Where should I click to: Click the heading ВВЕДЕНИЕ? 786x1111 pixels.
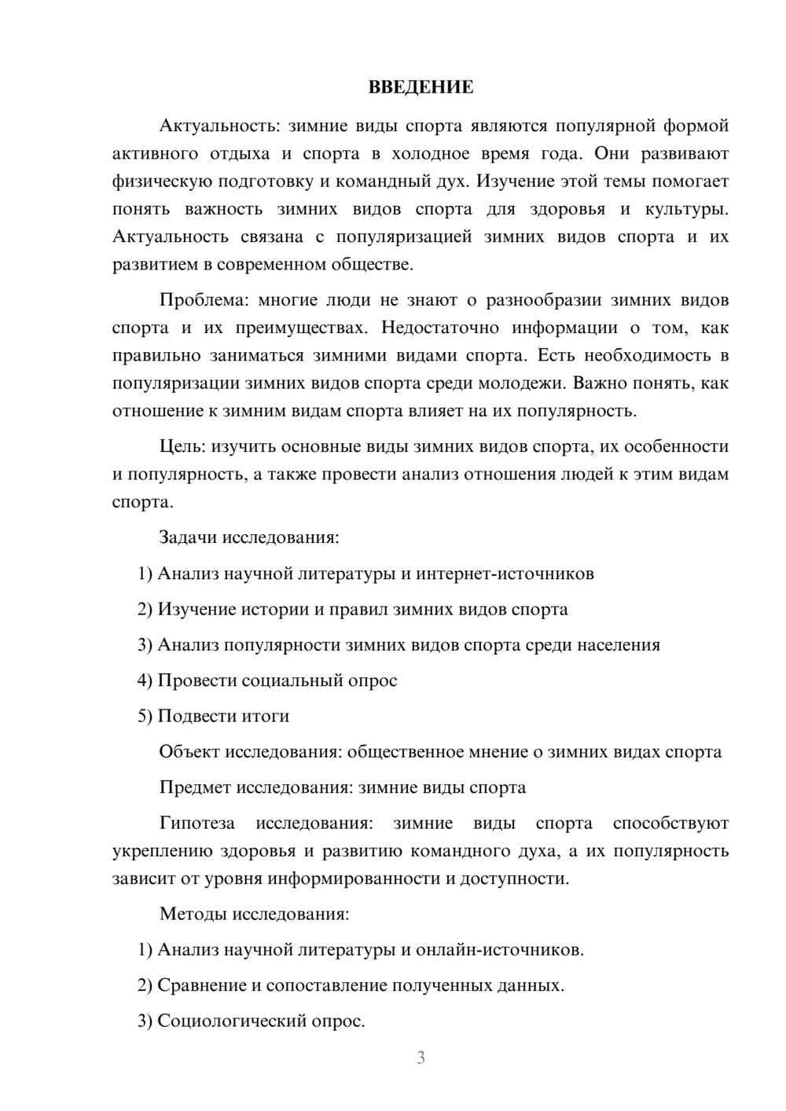tap(421, 87)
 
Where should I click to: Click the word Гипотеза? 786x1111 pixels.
tap(197, 823)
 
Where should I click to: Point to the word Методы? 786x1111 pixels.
tap(189, 914)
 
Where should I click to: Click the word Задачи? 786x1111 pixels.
tap(188, 537)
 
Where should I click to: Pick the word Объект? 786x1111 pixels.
tap(189, 752)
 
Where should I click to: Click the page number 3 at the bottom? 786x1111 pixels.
tap(421, 1058)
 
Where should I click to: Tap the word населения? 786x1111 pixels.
tap(619, 645)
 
